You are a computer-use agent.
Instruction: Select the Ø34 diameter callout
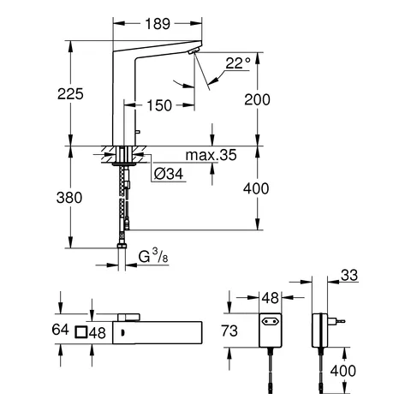tap(170, 175)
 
